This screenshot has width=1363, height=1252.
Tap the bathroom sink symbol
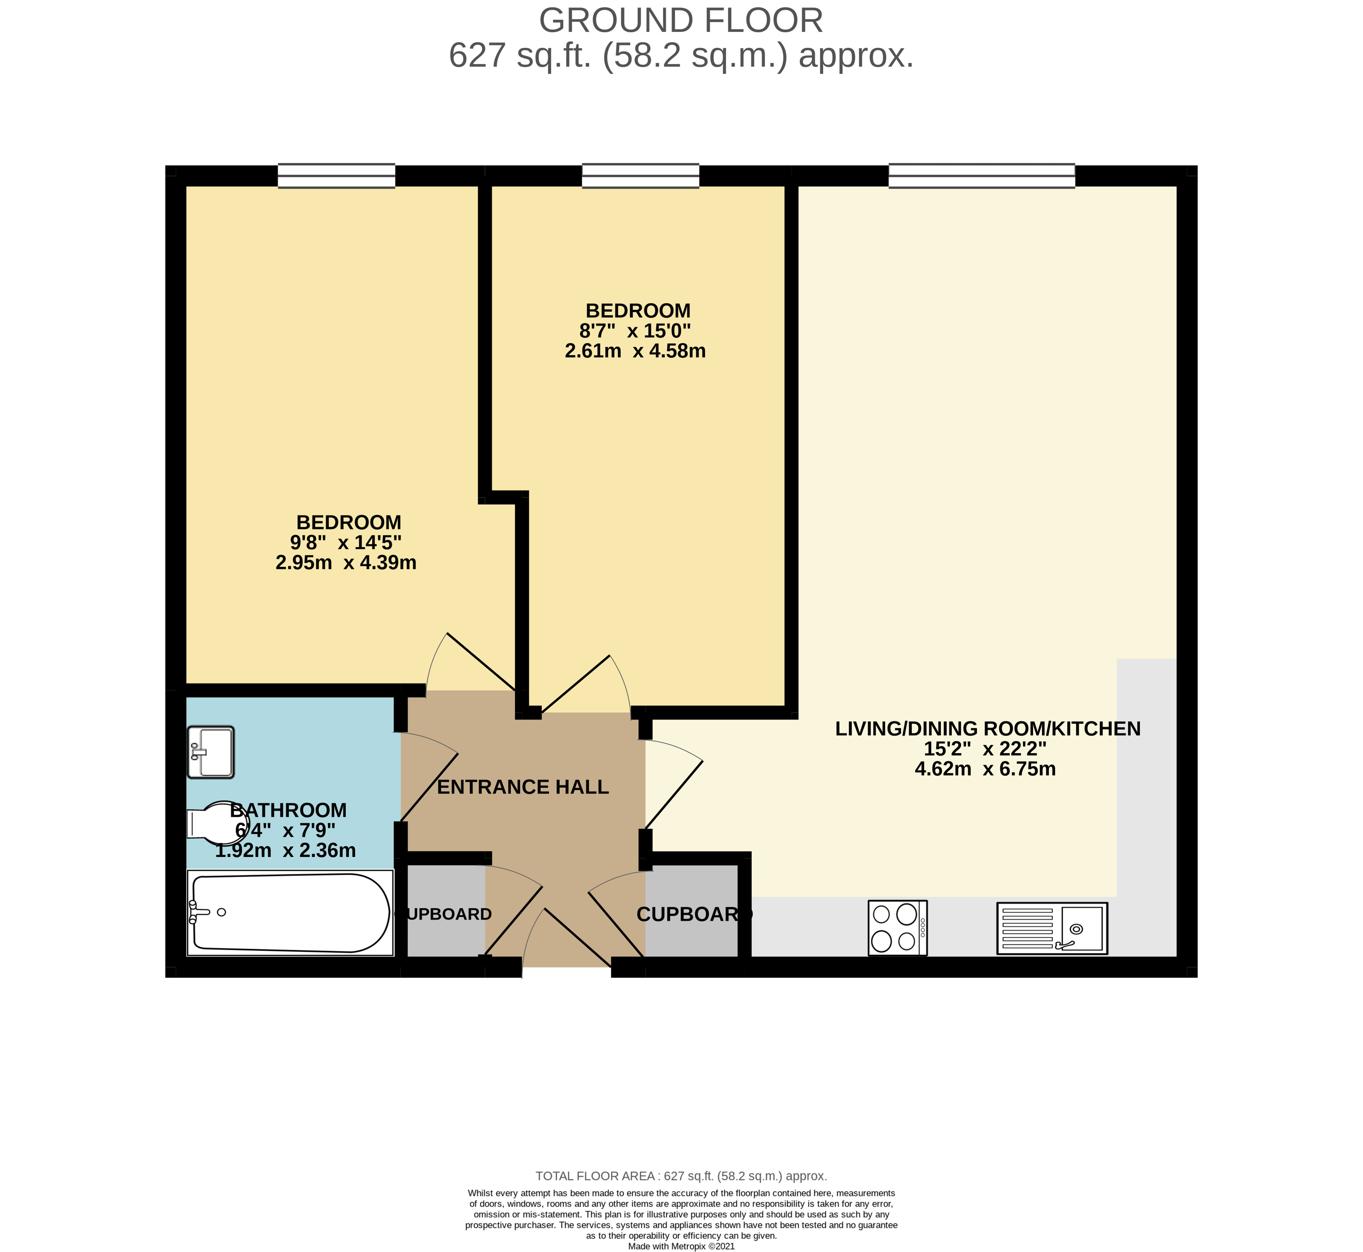point(211,752)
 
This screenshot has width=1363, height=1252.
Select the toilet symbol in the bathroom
point(215,823)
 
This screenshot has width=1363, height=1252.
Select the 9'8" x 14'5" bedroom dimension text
point(346,543)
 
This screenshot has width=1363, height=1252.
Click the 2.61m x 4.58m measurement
point(635,351)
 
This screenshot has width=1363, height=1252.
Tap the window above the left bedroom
point(337,175)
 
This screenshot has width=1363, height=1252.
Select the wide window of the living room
point(981,175)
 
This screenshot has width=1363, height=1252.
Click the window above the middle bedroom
point(640,175)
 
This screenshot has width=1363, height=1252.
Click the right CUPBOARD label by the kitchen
point(694,915)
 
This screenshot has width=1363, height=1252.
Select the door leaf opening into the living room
point(674,795)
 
